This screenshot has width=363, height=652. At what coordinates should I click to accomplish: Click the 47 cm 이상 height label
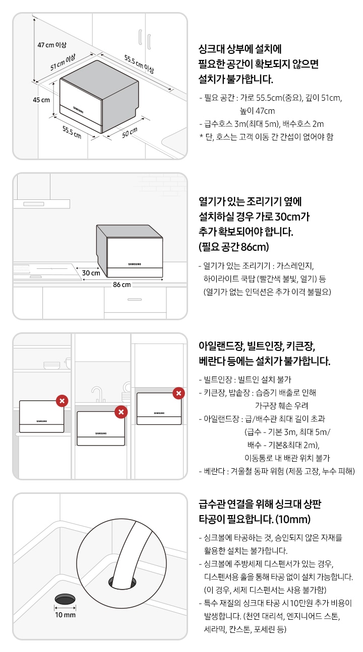pyautogui.click(x=52, y=45)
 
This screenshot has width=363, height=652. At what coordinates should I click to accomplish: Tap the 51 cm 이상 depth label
pyautogui.click(x=63, y=62)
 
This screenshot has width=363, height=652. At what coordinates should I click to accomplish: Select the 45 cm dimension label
pyautogui.click(x=41, y=100)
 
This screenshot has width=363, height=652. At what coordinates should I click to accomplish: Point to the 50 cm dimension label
pyautogui.click(x=130, y=132)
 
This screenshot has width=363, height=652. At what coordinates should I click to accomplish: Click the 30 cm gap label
pyautogui.click(x=91, y=273)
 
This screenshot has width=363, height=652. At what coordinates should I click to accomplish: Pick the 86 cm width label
pyautogui.click(x=122, y=284)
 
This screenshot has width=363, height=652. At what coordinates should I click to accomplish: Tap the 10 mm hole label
pyautogui.click(x=66, y=615)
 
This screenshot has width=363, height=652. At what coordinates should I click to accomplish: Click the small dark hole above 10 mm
pyautogui.click(x=65, y=599)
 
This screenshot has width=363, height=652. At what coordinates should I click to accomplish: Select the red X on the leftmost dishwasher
pyautogui.click(x=62, y=401)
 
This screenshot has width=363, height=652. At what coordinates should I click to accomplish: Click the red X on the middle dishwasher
pyautogui.click(x=121, y=412)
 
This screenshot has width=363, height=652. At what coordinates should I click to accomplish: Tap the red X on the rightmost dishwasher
pyautogui.click(x=179, y=393)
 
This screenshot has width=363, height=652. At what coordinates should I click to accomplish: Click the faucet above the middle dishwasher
pyautogui.click(x=98, y=394)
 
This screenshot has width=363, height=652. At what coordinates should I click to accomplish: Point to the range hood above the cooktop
pyautogui.click(x=42, y=204)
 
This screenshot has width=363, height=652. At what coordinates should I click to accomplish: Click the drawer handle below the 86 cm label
pyautogui.click(x=135, y=299)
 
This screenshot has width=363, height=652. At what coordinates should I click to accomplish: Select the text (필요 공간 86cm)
pyautogui.click(x=234, y=247)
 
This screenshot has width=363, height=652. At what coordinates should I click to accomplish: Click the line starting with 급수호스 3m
pyautogui.click(x=262, y=124)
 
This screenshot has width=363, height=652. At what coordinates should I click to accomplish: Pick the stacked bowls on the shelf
pyautogui.click(x=51, y=366)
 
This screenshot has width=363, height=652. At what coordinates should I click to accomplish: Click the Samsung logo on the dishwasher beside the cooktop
pyautogui.click(x=135, y=264)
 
